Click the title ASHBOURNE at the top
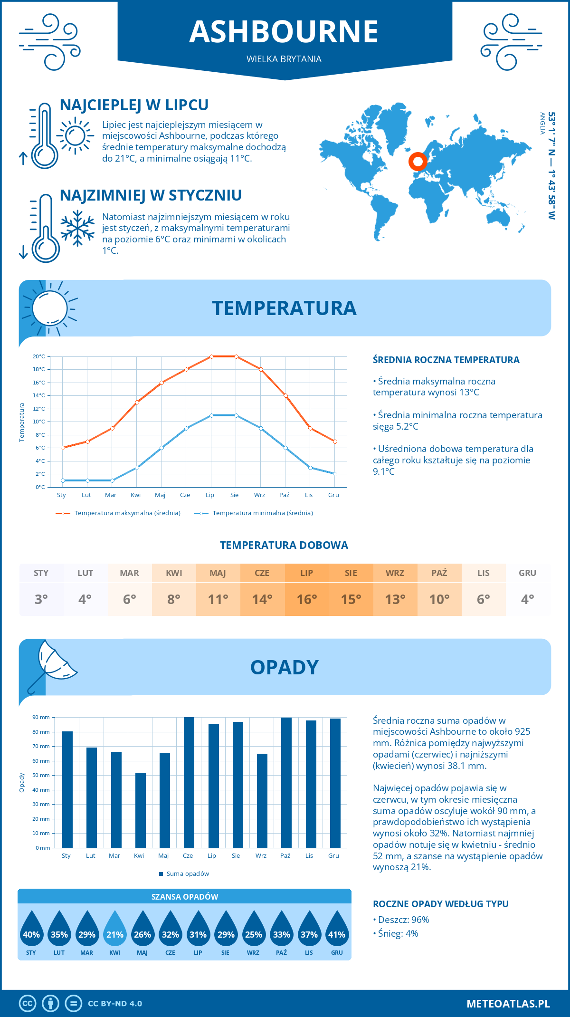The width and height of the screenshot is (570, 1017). (284, 32)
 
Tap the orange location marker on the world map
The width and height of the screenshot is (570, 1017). (418, 162)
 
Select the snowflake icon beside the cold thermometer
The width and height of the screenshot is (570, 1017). (77, 228)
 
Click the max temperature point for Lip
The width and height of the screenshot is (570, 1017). (211, 356)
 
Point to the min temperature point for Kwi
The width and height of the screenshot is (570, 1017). (137, 468)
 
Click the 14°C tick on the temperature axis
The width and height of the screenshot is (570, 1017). (39, 395)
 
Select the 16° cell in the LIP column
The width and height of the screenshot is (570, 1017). (306, 599)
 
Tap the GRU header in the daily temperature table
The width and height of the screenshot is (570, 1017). (527, 573)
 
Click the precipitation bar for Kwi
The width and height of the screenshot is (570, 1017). (141, 810)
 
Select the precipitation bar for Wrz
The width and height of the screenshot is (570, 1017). (262, 800)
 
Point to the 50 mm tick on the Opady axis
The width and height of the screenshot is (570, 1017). (41, 775)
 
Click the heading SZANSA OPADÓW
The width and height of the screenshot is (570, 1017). (185, 897)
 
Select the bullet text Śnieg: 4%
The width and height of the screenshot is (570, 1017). (398, 933)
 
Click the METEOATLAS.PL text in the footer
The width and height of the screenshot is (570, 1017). (508, 1004)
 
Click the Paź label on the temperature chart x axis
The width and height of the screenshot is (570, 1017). (284, 495)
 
